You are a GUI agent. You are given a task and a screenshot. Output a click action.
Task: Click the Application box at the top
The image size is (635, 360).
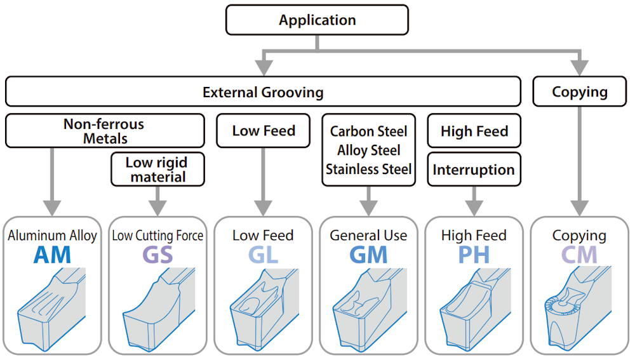coord(317,20)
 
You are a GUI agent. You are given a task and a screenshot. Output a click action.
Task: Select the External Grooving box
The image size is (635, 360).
coord(263,92)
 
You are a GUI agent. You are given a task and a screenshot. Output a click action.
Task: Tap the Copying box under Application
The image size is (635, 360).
coord(579,92)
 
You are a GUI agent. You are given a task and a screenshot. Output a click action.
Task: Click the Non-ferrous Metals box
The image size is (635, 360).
coord(105,130)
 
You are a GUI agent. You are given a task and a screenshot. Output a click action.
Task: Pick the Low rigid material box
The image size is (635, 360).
coord(158,169)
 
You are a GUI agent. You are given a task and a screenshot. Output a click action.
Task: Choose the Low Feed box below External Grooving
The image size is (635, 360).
coord(264,131)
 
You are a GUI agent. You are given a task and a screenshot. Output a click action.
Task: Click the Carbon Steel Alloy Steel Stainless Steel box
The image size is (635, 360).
coord(368,150)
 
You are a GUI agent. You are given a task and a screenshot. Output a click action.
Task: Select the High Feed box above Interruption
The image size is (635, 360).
coord(474,131)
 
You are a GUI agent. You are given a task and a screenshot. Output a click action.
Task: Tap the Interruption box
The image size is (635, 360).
coord(474,170)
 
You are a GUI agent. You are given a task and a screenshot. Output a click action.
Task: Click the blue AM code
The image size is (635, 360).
coord(52,255)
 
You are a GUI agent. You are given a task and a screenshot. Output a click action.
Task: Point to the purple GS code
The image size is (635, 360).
coord(157,255)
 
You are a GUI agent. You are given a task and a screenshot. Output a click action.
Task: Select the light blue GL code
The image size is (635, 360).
coord(263,255)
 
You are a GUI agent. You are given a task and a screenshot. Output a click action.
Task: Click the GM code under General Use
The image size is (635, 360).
coord(368,255)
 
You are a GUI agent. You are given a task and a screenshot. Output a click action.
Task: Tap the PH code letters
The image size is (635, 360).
coord(474,255)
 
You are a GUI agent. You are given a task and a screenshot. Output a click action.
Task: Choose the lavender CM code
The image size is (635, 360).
coord(579,255)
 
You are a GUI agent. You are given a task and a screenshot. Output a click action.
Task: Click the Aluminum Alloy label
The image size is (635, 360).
coord(52,236)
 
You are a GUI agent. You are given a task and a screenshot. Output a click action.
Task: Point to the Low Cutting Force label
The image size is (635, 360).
coord(157,236)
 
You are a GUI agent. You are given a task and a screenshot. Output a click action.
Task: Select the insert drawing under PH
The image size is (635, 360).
coord(473,308)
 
